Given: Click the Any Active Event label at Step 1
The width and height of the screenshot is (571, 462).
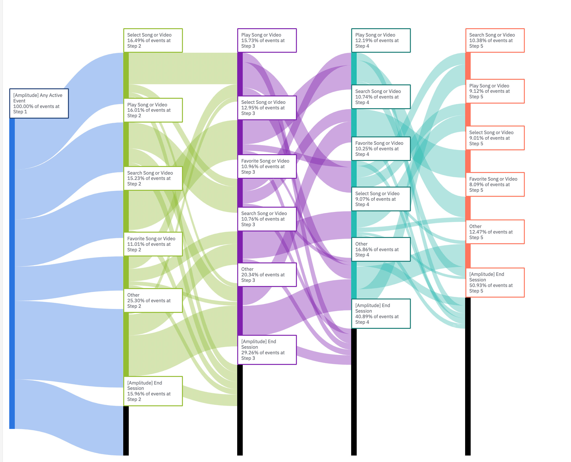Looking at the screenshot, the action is pyautogui.click(x=39, y=103).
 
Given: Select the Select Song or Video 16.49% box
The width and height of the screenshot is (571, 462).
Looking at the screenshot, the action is pyautogui.click(x=153, y=40).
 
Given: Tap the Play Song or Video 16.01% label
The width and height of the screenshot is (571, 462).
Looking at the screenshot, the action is pyautogui.click(x=153, y=110).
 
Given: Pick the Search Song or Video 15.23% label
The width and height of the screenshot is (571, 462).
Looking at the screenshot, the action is pyautogui.click(x=153, y=178).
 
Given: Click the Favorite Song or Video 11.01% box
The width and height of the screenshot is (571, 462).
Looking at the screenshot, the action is pyautogui.click(x=153, y=244).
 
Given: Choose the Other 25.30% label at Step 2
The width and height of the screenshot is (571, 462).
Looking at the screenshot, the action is pyautogui.click(x=153, y=300).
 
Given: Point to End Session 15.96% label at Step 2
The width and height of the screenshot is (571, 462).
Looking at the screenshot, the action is pyautogui.click(x=153, y=391).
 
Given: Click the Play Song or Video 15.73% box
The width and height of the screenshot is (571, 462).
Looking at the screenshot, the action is pyautogui.click(x=267, y=40).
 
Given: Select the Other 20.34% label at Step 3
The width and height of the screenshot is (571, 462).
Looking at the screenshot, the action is pyautogui.click(x=267, y=275).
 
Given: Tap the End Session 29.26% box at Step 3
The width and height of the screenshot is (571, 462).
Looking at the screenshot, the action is pyautogui.click(x=267, y=350).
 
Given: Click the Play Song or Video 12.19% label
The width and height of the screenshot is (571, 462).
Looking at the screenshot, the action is pyautogui.click(x=381, y=40).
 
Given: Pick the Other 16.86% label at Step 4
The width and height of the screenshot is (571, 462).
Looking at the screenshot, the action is pyautogui.click(x=381, y=249).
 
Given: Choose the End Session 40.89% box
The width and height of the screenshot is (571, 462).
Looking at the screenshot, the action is pyautogui.click(x=381, y=314).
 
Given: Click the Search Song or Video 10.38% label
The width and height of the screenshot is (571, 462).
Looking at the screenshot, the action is pyautogui.click(x=495, y=40).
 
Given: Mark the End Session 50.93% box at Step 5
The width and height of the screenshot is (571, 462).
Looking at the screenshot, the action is pyautogui.click(x=495, y=282).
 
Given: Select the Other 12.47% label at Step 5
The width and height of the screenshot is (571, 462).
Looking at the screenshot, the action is pyautogui.click(x=495, y=232).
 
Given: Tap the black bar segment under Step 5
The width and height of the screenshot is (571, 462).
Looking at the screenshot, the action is pyautogui.click(x=468, y=376).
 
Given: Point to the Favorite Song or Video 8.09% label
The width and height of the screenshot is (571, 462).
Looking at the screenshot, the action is pyautogui.click(x=495, y=185).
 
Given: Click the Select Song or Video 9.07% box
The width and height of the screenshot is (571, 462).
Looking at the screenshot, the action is pyautogui.click(x=381, y=199).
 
